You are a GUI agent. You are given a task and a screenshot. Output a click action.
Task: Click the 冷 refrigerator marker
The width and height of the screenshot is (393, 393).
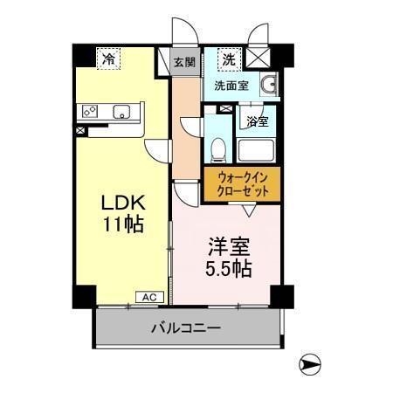108,59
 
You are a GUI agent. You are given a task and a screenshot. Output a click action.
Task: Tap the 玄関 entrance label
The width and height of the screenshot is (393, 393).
183,62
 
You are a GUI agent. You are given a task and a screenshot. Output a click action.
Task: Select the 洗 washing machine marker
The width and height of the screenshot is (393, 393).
228,59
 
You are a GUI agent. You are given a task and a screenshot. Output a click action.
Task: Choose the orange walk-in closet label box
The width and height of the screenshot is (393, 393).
242,185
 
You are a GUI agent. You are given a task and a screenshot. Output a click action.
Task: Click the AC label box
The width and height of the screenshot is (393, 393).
148,297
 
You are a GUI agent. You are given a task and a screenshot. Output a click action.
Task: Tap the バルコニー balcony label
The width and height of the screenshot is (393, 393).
184,328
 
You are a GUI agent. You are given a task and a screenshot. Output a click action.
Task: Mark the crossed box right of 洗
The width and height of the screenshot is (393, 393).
260,59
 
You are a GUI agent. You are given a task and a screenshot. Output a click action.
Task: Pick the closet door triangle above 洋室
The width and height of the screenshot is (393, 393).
249,210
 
